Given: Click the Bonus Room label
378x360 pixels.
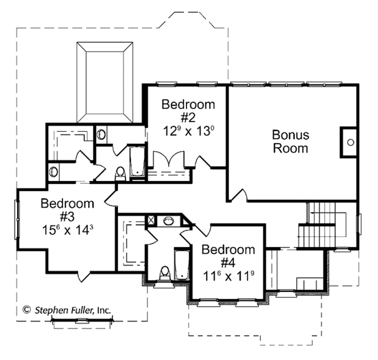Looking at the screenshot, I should pos(290,142).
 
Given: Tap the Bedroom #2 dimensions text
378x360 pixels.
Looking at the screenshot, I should pos(187,132).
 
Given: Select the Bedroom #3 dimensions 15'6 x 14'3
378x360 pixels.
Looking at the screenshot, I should pos(67,230).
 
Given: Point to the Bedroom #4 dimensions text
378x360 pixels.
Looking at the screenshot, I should pos(228,275).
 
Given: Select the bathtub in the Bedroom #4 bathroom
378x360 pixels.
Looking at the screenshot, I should pos(182,265).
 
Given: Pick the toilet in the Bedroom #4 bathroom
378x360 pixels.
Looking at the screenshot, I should pos(165,272).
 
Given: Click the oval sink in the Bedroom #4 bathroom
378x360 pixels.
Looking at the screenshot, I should pos(169,221).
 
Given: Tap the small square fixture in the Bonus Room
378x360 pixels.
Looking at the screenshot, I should pos(350,142).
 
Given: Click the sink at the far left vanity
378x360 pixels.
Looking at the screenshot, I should pos(54,171).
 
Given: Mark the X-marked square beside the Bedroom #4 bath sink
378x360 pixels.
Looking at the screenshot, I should pos(151,221).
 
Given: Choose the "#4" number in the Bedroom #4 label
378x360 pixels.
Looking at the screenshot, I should pos(228,262).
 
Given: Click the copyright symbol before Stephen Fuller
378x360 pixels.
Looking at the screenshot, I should pos(26,310).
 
